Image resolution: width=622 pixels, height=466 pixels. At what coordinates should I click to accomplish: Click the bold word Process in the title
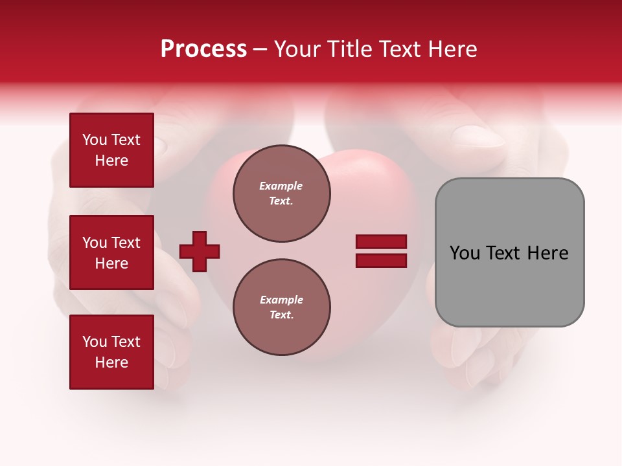click(x=203, y=49)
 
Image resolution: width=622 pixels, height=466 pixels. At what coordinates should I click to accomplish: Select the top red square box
click(x=111, y=150)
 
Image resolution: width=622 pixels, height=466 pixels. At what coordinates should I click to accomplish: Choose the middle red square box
click(x=111, y=252)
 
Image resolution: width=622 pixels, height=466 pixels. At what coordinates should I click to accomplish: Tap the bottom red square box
click(x=111, y=352)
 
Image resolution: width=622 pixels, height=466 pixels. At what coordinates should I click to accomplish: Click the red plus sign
click(x=200, y=251)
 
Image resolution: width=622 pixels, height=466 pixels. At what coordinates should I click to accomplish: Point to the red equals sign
click(x=381, y=251)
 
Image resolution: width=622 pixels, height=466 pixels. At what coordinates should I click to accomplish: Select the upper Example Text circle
click(x=281, y=194)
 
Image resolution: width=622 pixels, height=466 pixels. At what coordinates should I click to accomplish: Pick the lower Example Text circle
click(x=281, y=307)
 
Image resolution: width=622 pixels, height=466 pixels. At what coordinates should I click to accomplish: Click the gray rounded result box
click(x=509, y=252)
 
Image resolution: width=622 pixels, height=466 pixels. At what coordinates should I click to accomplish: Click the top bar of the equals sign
click(x=381, y=242)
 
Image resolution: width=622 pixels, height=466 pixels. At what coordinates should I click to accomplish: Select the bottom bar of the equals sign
click(x=381, y=260)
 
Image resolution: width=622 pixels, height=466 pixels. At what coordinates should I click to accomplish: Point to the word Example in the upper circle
click(x=281, y=186)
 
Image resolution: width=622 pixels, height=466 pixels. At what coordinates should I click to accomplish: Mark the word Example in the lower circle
click(x=281, y=300)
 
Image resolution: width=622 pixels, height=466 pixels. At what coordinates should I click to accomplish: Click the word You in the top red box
click(x=95, y=140)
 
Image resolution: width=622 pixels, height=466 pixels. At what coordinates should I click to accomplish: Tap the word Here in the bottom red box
click(x=111, y=362)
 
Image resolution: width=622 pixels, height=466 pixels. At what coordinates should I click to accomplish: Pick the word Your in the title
click(x=298, y=49)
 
